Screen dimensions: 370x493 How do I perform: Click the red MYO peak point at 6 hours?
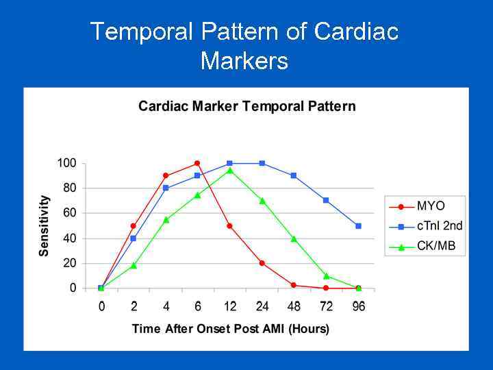click(x=197, y=163)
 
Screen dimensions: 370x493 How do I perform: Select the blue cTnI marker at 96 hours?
click(x=358, y=225)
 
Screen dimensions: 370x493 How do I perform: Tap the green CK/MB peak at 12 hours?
click(x=229, y=170)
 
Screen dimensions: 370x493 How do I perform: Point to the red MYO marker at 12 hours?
click(x=229, y=225)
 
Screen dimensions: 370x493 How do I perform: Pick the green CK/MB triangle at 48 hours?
click(x=294, y=238)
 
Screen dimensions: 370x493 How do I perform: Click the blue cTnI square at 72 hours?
click(x=326, y=200)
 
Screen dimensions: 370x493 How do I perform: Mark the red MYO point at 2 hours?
click(x=133, y=225)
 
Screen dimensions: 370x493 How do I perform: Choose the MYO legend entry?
click(x=431, y=206)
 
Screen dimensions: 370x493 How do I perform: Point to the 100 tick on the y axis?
click(x=66, y=163)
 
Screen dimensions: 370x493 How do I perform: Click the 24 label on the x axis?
click(x=262, y=306)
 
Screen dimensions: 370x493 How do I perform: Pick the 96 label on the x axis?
click(x=358, y=306)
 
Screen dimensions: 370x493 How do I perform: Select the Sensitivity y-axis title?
click(x=45, y=225)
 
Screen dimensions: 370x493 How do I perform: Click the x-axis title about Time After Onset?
click(x=230, y=329)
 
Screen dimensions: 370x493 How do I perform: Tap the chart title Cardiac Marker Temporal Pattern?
click(x=246, y=106)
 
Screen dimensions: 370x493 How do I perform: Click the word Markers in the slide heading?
click(x=244, y=62)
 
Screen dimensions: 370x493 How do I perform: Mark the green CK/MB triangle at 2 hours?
click(x=133, y=265)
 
